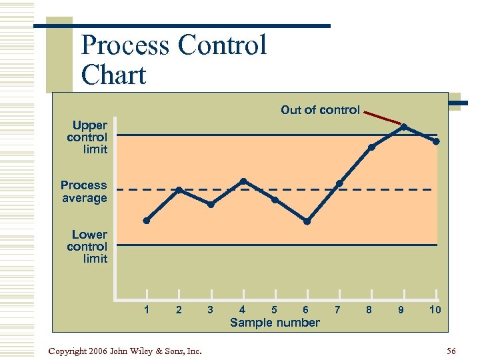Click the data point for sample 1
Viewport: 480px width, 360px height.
pos(147,221)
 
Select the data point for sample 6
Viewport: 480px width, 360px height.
pos(307,221)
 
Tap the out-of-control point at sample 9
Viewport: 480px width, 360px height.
pos(404,127)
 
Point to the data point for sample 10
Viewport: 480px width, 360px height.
pos(436,141)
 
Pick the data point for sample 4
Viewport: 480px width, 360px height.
pos(243,181)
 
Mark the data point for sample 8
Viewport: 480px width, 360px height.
pos(371,147)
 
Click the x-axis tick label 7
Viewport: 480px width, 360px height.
pos(337,309)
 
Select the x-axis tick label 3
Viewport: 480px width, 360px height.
pos(210,309)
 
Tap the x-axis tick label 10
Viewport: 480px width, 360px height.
pos(435,309)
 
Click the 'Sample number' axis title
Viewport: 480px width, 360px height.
pos(275,323)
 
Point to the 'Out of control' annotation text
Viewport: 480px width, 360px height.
pos(320,110)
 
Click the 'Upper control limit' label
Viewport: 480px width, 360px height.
pos(87,137)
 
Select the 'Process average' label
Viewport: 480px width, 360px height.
pos(84,191)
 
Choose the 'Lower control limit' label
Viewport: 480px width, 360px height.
pos(87,247)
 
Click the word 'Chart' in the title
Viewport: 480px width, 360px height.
pos(113,75)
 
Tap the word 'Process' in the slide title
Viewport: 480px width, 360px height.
pos(125,45)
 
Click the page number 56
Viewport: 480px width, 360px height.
pos(451,351)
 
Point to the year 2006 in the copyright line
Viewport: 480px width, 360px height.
pos(97,351)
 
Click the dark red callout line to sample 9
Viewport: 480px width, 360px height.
pos(383,118)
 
